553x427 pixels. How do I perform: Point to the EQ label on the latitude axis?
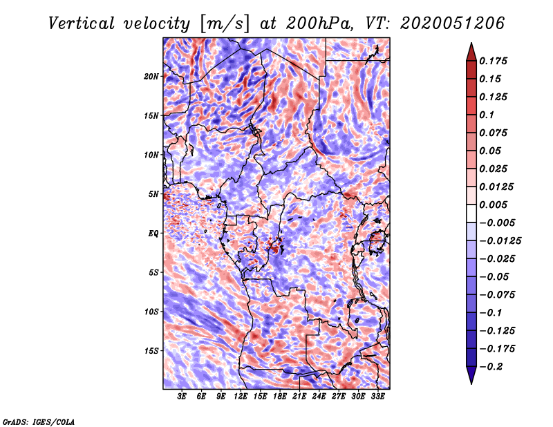pyautogui.click(x=153, y=233)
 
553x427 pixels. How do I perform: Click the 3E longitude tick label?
pyautogui.click(x=182, y=397)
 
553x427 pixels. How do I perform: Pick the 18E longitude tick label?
pyautogui.click(x=280, y=397)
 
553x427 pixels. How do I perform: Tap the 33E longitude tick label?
pyautogui.click(x=377, y=397)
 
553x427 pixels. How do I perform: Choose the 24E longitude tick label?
pyautogui.click(x=319, y=397)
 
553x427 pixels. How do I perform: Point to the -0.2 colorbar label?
pyautogui.click(x=492, y=366)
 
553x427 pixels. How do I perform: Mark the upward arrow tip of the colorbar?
pyautogui.click(x=470, y=44)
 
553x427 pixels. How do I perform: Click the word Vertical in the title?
pyautogui.click(x=82, y=23)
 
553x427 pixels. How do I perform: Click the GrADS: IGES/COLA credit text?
pyautogui.click(x=38, y=421)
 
